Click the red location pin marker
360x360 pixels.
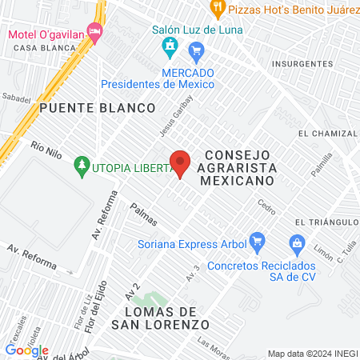(x=181, y=163)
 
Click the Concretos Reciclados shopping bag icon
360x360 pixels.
(x=297, y=242)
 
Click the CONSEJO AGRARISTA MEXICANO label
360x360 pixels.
(x=239, y=167)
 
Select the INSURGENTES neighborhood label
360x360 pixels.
(x=302, y=63)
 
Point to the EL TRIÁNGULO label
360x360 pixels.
(x=325, y=222)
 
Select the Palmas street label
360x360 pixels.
(x=145, y=214)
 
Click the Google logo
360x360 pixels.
(x=26, y=350)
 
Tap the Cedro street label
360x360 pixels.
(x=266, y=206)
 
